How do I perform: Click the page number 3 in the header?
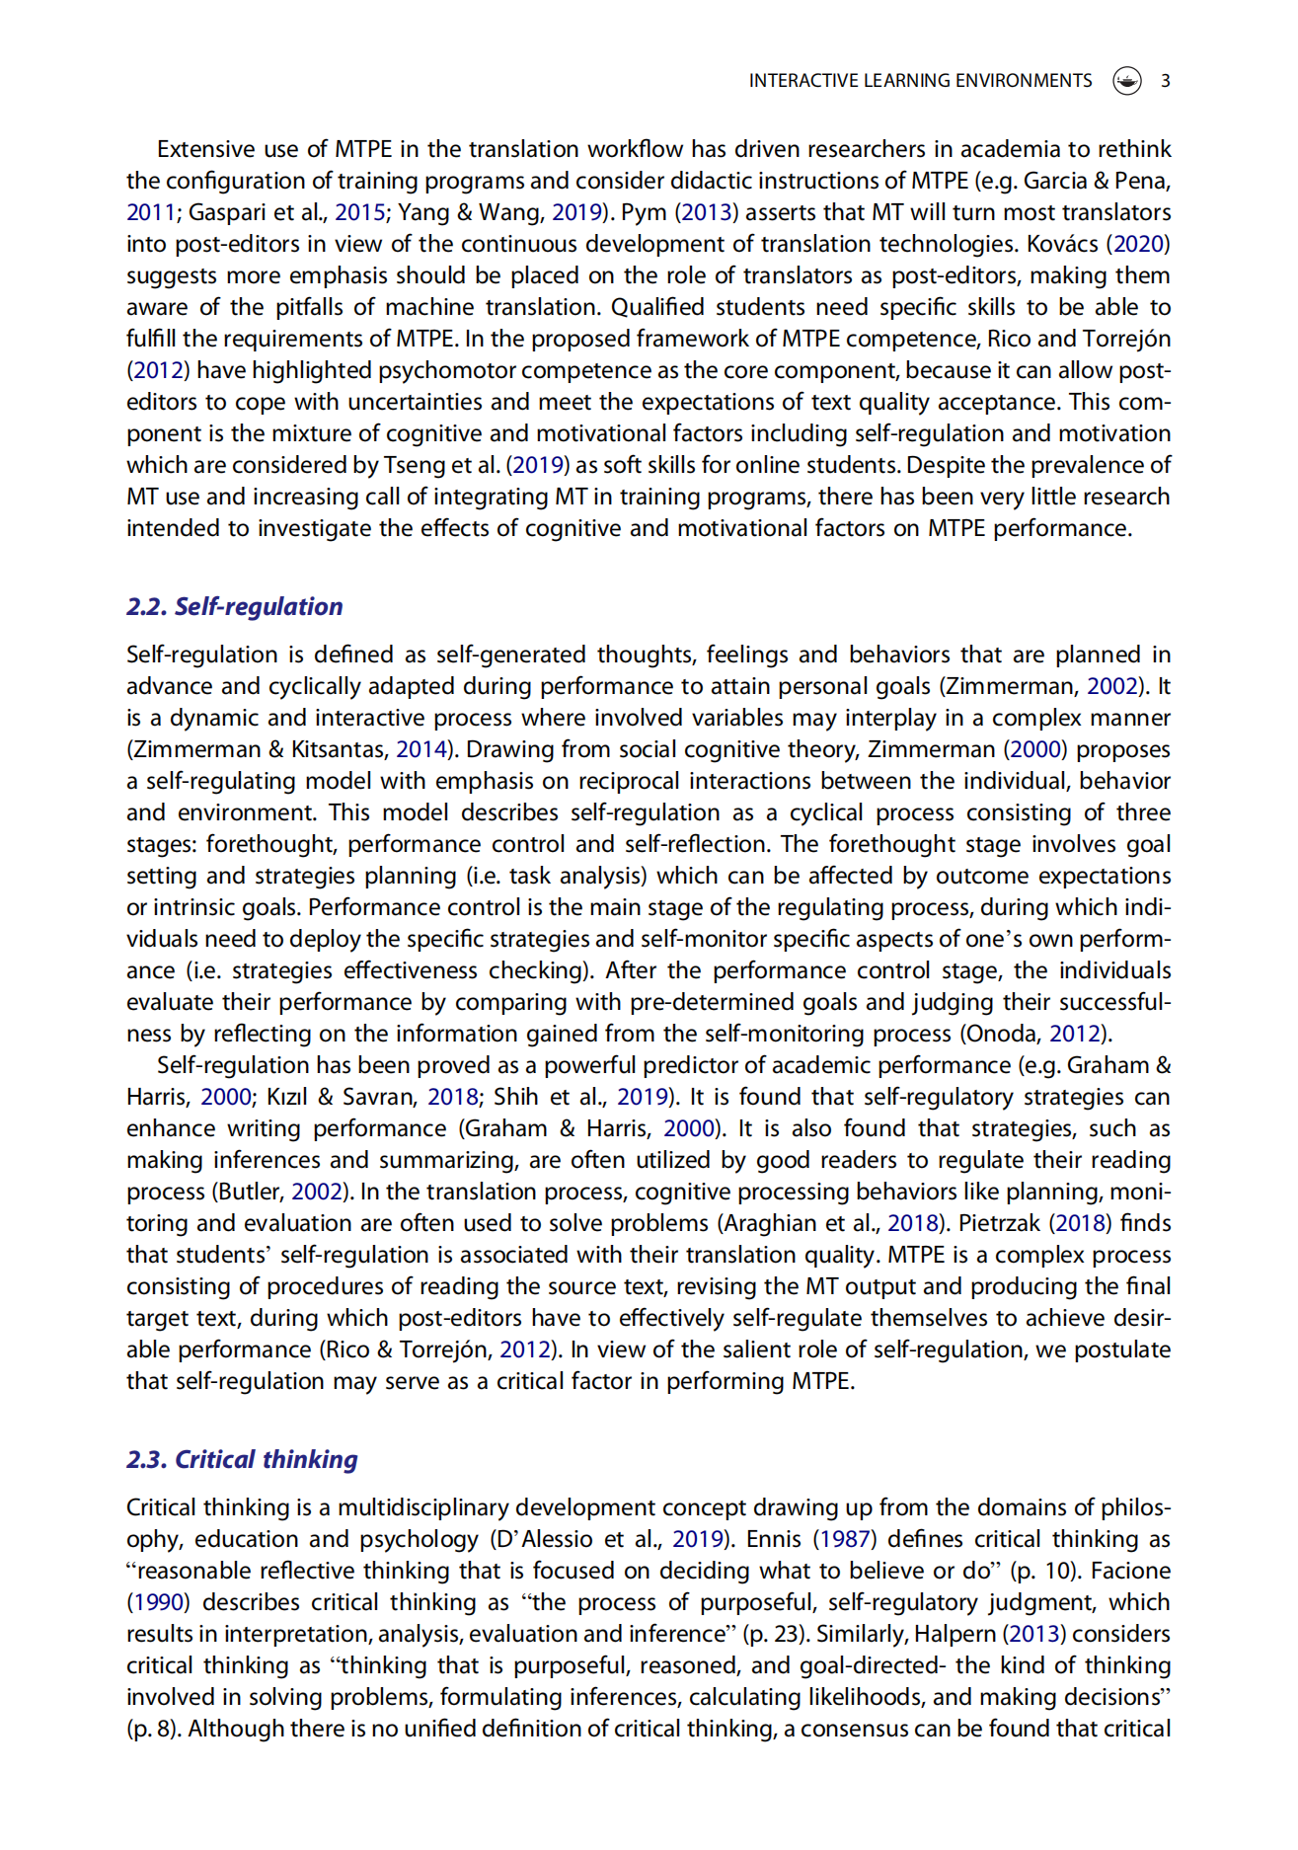1166,81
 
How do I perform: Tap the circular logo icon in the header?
1127,81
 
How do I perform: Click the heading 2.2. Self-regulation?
234,606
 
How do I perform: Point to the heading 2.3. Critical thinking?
242,1459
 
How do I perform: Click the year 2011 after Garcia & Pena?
150,212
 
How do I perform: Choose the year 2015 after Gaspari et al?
359,212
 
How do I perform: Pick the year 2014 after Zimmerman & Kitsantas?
420,749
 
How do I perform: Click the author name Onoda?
1003,1034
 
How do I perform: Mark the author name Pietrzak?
999,1223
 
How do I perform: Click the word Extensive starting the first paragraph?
205,149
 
